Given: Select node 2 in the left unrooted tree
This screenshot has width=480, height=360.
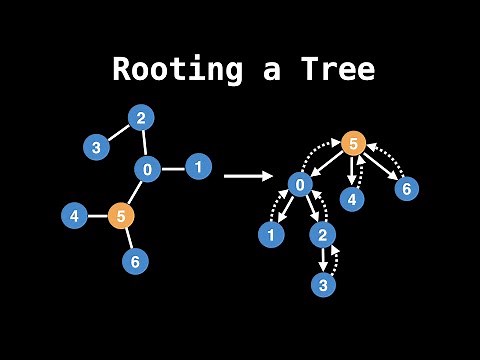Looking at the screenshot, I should (141, 118).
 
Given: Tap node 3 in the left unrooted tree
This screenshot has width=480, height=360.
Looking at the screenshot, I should (96, 147).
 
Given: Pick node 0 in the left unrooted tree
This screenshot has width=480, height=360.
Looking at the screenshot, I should (147, 170).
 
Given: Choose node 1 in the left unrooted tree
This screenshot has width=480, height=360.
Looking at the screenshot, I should (199, 166).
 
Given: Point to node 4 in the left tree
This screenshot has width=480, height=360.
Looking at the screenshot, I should (74, 215).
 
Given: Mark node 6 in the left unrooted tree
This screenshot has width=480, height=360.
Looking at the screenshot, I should (136, 262).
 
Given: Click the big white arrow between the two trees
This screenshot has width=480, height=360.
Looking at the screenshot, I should (248, 176).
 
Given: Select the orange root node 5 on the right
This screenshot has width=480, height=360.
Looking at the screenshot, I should (353, 143).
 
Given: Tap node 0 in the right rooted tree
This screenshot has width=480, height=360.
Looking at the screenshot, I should (301, 184).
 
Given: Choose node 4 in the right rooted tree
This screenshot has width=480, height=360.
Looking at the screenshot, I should (351, 199).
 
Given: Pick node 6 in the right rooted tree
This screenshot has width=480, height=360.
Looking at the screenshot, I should (405, 188).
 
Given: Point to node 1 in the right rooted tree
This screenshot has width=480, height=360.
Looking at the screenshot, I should (270, 235).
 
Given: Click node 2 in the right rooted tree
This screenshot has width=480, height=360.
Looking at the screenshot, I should (322, 235).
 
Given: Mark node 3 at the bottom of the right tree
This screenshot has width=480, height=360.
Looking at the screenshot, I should (322, 285).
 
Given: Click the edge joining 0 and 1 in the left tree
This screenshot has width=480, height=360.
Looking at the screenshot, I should (173, 168).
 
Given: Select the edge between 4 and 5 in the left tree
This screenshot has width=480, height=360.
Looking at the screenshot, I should (97, 215).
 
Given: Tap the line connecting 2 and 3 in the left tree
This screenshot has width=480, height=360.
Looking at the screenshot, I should (119, 132).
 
